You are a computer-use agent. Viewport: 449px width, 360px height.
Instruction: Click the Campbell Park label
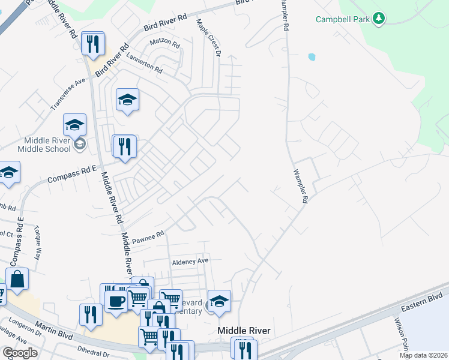(x=343, y=19)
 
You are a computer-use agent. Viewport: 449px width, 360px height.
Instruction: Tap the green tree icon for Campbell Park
(x=378, y=19)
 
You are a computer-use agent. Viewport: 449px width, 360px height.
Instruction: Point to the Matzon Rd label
(x=164, y=44)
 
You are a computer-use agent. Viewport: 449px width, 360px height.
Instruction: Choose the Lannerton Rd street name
(x=144, y=62)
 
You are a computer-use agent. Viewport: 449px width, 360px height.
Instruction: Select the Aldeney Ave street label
(x=190, y=261)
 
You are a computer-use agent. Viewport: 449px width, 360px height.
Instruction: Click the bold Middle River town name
(x=244, y=331)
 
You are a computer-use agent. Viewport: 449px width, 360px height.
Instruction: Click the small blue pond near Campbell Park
(x=311, y=58)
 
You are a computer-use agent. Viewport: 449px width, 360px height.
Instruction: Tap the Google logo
(x=20, y=353)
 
